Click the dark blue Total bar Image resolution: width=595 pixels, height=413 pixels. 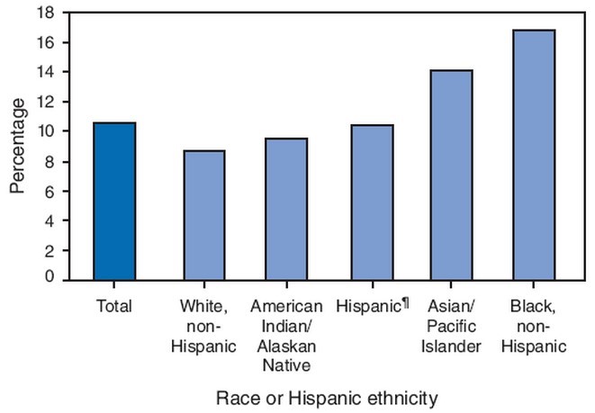coord(114,202)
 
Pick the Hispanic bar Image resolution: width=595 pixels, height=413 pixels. coord(366,203)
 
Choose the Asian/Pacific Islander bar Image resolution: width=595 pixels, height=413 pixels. coord(450,175)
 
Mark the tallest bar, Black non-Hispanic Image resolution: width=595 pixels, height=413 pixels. coord(534,156)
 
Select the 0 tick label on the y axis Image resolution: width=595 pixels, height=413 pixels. coord(50,279)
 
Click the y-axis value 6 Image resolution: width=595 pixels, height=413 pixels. coord(50,191)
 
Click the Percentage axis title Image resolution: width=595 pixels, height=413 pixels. coord(18,146)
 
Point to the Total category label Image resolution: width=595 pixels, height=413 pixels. coord(114,307)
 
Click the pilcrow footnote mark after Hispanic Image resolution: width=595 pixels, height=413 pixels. coord(396,304)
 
